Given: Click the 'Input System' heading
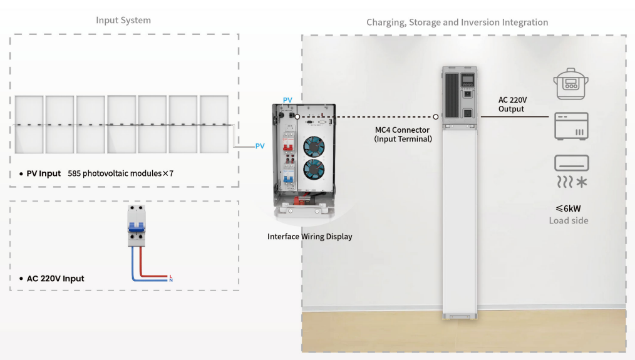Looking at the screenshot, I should (x=123, y=20).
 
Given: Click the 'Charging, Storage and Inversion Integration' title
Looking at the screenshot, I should (x=457, y=23).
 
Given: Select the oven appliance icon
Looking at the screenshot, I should (x=570, y=126).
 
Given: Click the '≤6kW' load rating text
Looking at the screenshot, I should (x=568, y=208).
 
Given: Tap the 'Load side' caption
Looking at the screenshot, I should (x=568, y=220).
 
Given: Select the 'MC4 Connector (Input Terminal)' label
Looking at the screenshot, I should (x=403, y=134).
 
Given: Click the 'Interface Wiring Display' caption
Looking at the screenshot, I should (x=309, y=237).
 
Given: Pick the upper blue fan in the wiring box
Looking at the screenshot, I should (x=314, y=146).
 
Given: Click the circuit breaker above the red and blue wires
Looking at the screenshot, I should (x=137, y=227).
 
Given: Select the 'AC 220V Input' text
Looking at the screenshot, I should (x=55, y=279).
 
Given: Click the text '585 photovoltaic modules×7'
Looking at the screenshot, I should (x=120, y=173).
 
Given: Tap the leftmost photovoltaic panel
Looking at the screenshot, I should (x=29, y=124).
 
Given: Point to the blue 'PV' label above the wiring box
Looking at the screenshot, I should (x=287, y=100).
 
